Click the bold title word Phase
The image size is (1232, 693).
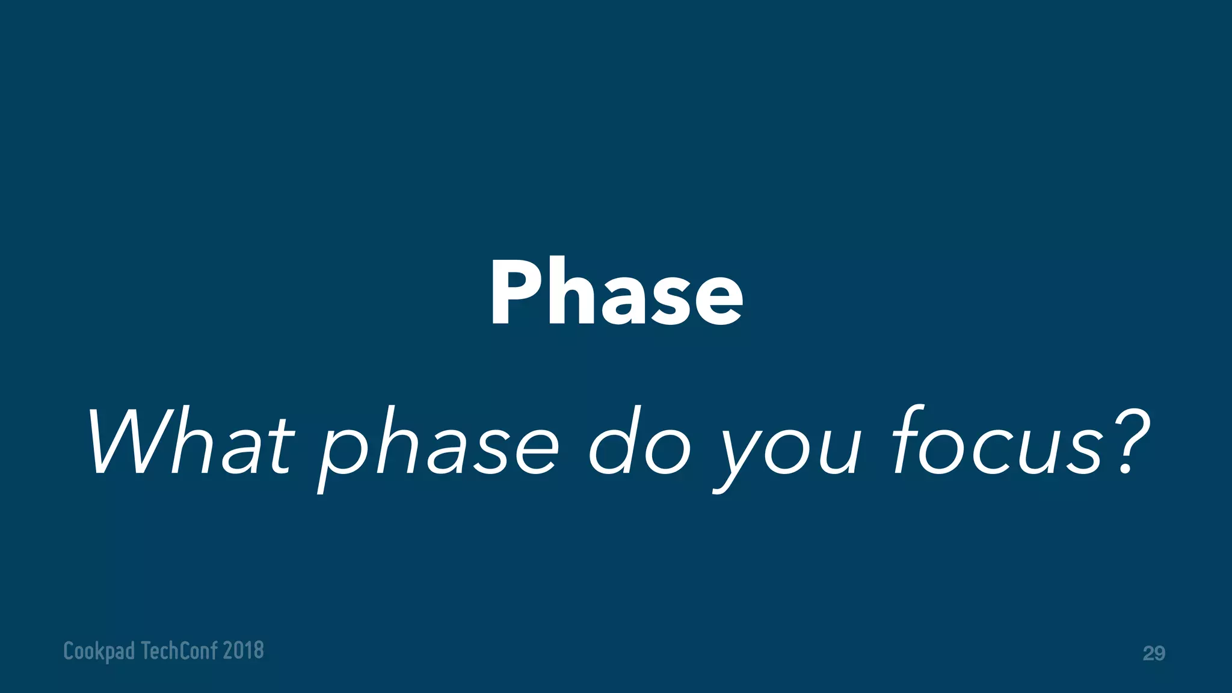(x=616, y=292)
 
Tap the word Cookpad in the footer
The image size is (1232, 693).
(x=99, y=651)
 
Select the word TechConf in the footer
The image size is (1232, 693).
(x=179, y=650)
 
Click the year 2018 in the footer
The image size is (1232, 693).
(x=243, y=650)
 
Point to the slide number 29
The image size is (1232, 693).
(x=1153, y=653)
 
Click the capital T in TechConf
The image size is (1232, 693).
(x=146, y=650)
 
